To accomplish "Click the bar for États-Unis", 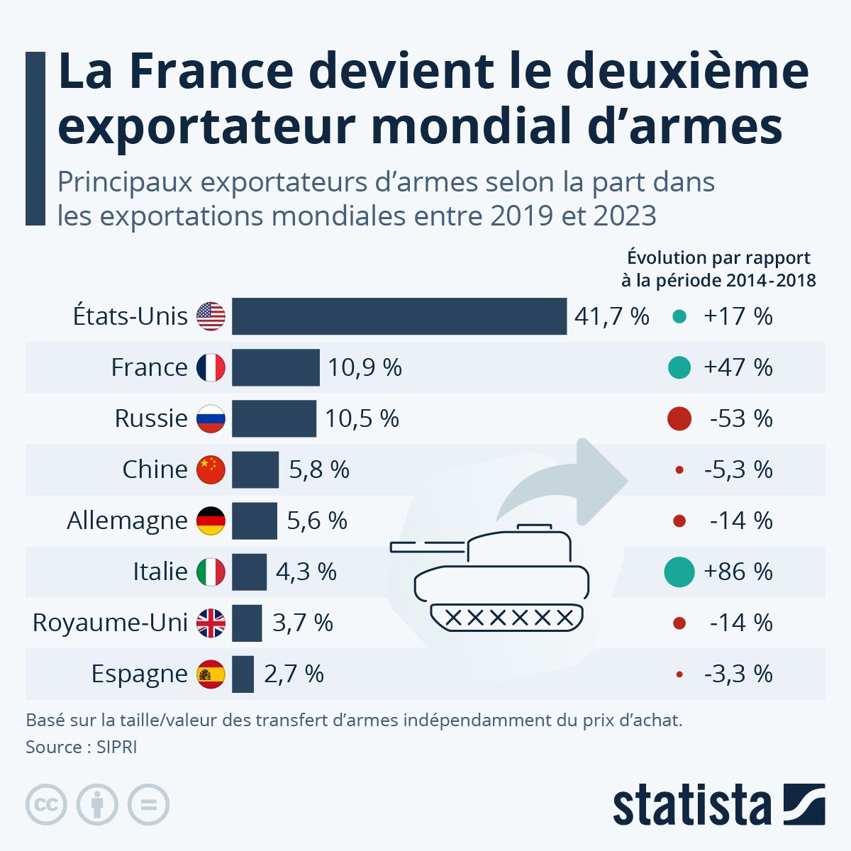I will [x=399, y=316].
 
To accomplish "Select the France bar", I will [x=275, y=367].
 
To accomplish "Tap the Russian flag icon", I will [x=211, y=418].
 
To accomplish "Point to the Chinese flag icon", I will [x=211, y=469].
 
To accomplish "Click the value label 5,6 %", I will [x=317, y=521].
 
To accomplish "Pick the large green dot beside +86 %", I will [x=679, y=572].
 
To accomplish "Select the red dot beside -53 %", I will [x=679, y=418].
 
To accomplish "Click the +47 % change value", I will [x=738, y=367].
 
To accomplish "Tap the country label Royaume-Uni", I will [x=110, y=623].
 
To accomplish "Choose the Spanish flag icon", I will [x=211, y=674].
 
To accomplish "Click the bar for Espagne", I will [x=243, y=674].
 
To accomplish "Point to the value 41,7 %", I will [x=611, y=316].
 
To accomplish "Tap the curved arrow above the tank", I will [x=567, y=482].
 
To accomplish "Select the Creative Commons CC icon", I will [x=46, y=805].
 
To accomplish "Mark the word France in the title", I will [x=211, y=72].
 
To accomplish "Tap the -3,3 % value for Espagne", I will [x=738, y=674].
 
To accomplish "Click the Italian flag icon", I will [x=211, y=572].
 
